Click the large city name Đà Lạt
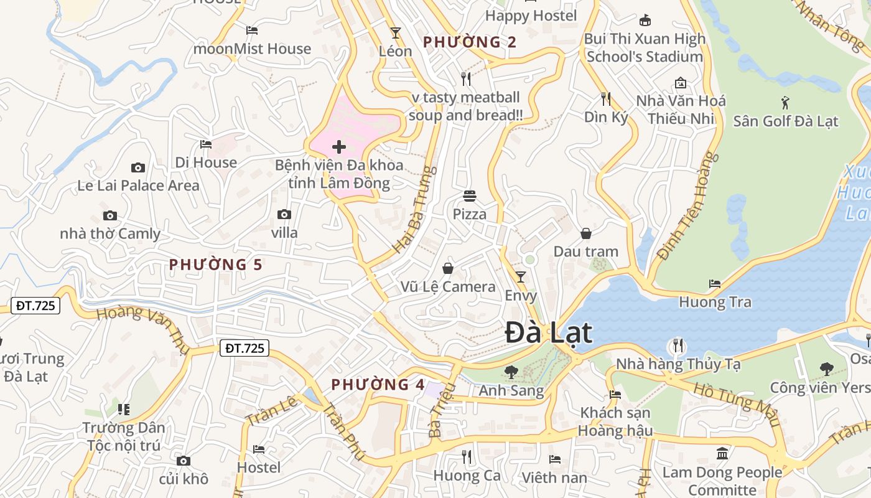click(548, 332)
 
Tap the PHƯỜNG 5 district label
click(215, 265)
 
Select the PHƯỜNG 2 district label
click(470, 42)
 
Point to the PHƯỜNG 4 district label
click(378, 384)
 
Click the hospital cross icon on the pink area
click(339, 147)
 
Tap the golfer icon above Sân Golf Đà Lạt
click(785, 102)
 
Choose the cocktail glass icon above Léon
click(395, 32)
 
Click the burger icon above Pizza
click(470, 196)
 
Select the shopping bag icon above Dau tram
click(585, 233)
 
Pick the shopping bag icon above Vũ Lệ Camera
click(447, 268)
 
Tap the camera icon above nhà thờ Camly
click(110, 215)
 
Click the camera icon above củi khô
click(183, 461)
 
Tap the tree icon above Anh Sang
click(511, 372)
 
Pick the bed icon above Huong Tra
click(715, 284)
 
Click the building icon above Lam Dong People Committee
click(722, 453)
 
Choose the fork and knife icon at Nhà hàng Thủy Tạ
click(678, 345)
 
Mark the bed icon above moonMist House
click(252, 30)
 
